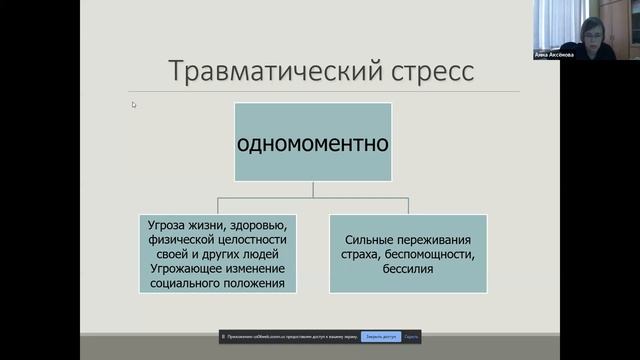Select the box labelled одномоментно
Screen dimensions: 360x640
click(x=312, y=141)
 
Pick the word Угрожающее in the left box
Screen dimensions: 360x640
click(x=184, y=269)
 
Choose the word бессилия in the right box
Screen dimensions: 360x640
click(x=407, y=269)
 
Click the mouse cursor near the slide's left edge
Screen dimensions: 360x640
click(x=134, y=104)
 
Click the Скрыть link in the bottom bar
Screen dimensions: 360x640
click(x=411, y=337)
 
